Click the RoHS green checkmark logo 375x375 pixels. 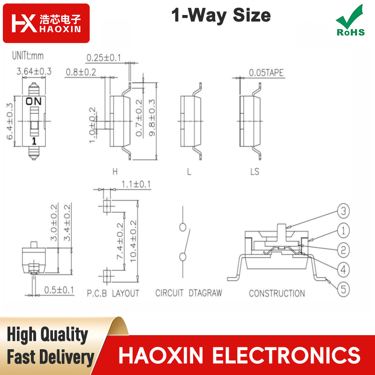point(350,20)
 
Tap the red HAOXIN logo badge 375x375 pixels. point(46,23)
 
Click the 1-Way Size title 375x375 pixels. point(221,15)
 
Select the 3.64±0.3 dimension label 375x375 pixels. point(34,71)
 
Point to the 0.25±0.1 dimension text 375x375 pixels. point(104,58)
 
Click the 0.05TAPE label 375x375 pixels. point(266,73)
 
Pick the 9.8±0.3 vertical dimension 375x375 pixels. point(152,118)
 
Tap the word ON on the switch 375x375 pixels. point(34,101)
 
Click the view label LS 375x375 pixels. point(255,172)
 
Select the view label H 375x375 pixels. point(115,172)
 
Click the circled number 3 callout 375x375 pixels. point(343,211)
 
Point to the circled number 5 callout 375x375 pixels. point(343,289)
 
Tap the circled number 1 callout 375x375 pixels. point(343,231)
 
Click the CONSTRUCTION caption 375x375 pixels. point(277,293)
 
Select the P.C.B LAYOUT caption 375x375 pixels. point(113,293)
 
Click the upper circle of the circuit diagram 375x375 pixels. point(183,227)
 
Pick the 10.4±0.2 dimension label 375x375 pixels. point(133,241)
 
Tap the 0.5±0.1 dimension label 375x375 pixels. point(59,290)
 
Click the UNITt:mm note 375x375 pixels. point(28,56)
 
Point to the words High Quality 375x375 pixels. point(47,335)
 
